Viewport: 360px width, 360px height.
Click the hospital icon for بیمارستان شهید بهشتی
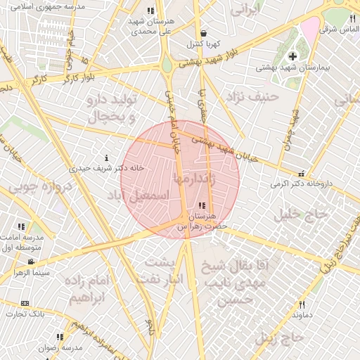[x=293, y=56]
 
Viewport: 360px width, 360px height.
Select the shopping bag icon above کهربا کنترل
[x=203, y=33]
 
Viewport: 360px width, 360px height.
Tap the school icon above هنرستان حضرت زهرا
[x=202, y=206]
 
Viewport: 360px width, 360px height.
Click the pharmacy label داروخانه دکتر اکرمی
[x=300, y=184]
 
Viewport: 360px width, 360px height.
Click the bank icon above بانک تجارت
[x=25, y=304]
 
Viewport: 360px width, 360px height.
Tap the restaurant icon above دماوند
[x=302, y=304]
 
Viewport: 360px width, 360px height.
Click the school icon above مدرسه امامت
[x=21, y=226]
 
